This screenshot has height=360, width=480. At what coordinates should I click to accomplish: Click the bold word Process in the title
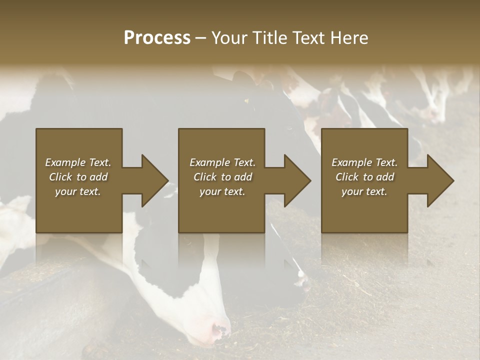[x=157, y=38]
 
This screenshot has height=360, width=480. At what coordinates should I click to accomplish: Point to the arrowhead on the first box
[x=155, y=180]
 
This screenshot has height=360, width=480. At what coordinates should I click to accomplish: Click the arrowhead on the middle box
[x=298, y=180]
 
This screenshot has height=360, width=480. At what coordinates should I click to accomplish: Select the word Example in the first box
[x=65, y=162]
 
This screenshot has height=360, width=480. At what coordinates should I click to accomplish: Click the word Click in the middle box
[x=205, y=177]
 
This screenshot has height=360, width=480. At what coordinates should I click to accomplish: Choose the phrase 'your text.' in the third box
[x=364, y=191]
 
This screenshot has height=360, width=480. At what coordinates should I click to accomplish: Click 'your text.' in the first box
[x=78, y=191]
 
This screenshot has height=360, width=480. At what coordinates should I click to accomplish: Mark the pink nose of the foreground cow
[x=220, y=330]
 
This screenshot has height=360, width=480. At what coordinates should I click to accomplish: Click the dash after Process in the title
[x=201, y=38]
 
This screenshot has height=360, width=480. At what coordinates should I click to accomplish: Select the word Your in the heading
[x=228, y=38]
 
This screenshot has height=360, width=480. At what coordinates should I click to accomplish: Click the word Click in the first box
[x=60, y=177]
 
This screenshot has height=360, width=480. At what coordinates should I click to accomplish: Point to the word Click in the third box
[x=347, y=177]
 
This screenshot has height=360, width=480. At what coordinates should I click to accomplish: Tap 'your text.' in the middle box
[x=222, y=191]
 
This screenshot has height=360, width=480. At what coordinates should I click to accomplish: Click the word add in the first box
[x=98, y=177]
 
